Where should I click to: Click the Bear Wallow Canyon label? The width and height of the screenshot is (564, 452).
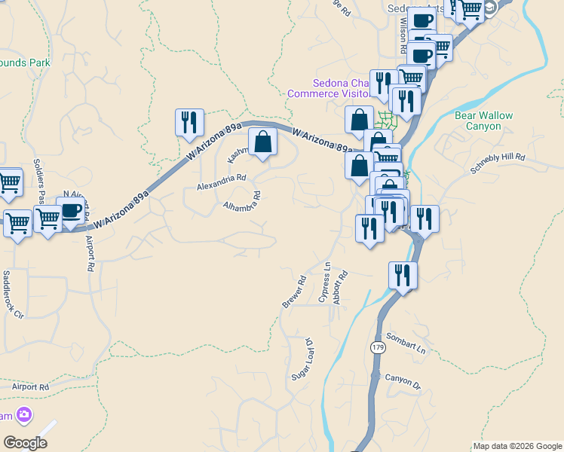(483, 121)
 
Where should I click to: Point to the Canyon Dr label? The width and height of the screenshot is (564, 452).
(403, 383)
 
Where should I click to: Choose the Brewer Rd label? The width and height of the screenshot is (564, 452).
(294, 292)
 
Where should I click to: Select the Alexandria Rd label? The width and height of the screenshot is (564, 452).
(221, 182)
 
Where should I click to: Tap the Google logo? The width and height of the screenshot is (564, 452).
(25, 443)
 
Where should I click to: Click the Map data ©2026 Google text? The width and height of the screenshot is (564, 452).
(517, 446)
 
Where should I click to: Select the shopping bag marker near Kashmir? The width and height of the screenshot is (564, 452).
(262, 142)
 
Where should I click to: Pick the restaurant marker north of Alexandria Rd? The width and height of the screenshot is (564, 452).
(189, 121)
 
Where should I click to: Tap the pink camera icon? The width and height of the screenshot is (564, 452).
(24, 414)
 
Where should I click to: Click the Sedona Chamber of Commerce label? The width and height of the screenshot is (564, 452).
(329, 88)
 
